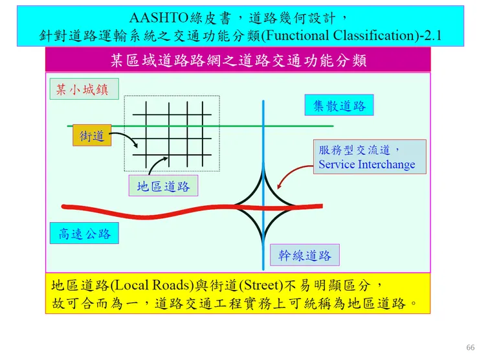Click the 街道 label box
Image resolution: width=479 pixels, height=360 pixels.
tap(92, 135)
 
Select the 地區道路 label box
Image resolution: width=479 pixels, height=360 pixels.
tap(163, 186)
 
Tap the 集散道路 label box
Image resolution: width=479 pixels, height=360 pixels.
tap(339, 105)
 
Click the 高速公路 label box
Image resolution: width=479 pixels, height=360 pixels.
tap(84, 233)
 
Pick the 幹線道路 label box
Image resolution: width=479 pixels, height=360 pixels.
tap(305, 255)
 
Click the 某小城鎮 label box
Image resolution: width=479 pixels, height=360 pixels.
tap(84, 89)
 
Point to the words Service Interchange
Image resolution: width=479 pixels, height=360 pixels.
tap(366, 164)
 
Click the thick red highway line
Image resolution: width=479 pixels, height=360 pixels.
tap(192, 210)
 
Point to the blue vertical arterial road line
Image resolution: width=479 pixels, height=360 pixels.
tap(263, 185)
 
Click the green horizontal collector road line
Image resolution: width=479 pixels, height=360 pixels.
tap(201, 126)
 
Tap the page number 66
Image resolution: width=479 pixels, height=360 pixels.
tap(471, 348)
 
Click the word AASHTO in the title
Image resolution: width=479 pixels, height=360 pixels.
tap(158, 17)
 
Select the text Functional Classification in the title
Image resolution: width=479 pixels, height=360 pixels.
tap(339, 36)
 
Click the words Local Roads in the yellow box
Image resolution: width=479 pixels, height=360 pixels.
tap(152, 285)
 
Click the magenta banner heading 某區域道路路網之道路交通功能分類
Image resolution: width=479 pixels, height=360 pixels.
tap(238, 60)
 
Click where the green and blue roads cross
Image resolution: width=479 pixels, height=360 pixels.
tap(263, 126)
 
